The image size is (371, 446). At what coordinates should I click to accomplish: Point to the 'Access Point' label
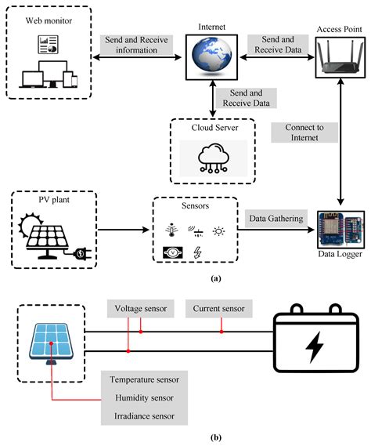(x=338, y=29)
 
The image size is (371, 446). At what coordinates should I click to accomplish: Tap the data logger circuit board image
(x=339, y=227)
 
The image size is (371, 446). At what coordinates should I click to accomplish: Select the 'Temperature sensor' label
(x=145, y=379)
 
